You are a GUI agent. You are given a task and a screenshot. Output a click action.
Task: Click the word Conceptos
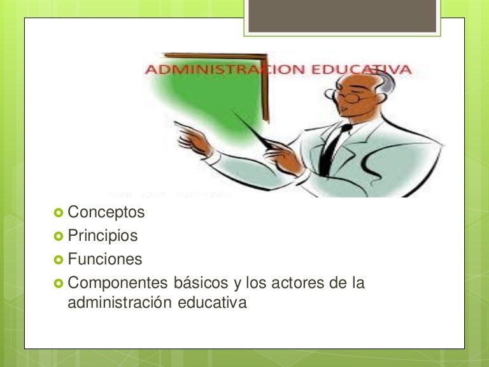(106, 212)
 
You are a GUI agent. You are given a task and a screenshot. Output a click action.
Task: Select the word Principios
(103, 236)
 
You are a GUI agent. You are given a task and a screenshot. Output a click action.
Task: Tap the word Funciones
(105, 260)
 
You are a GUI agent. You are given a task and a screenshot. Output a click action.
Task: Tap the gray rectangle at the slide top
(343, 16)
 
